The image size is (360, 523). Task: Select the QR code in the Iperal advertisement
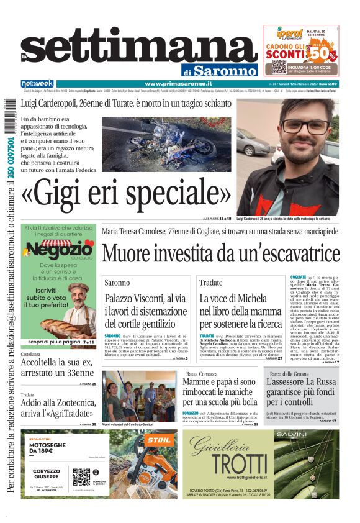[x=279, y=66]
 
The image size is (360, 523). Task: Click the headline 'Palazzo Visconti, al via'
[x=145, y=299]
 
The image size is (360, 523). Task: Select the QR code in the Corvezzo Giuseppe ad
[x=81, y=476]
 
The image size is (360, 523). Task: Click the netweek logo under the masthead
[x=37, y=83]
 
